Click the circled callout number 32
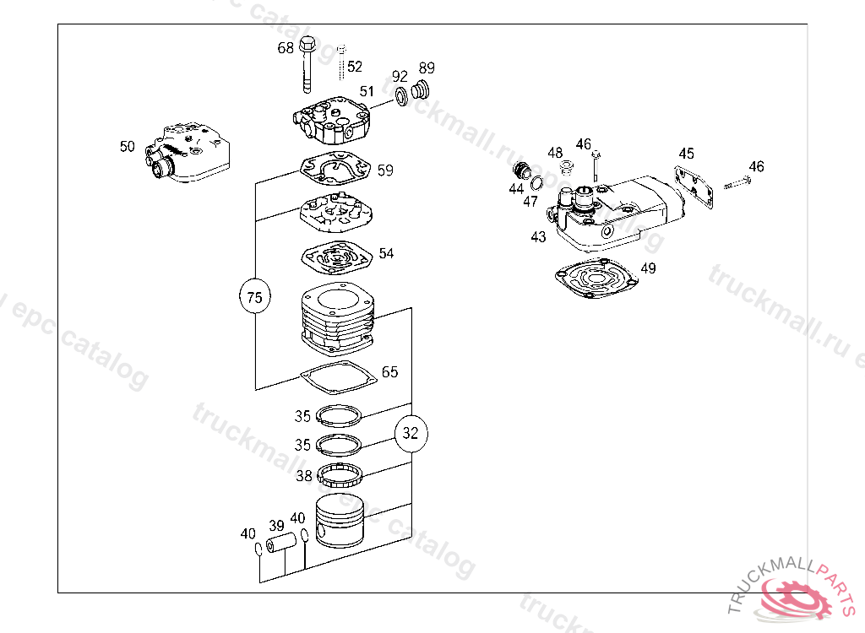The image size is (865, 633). click(411, 434)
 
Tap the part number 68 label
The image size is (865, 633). click(286, 48)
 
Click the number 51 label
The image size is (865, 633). click(366, 91)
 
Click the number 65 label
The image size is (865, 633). click(389, 372)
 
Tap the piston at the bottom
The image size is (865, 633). click(341, 518)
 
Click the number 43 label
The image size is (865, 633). click(538, 238)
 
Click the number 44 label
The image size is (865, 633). click(516, 189)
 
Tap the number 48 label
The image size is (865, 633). click(554, 153)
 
